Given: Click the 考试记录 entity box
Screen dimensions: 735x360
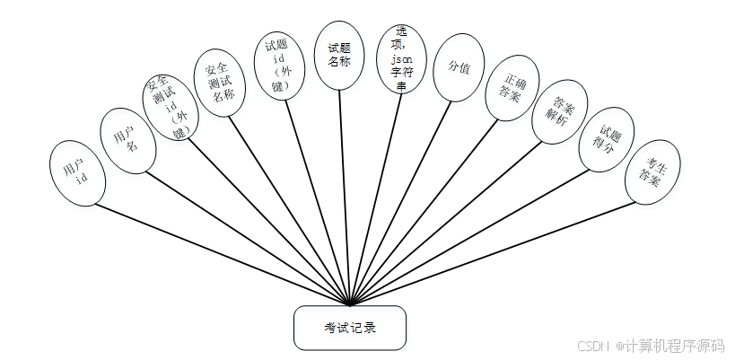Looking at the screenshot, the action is [x=350, y=328].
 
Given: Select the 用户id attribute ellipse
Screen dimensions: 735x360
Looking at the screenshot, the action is [x=79, y=173].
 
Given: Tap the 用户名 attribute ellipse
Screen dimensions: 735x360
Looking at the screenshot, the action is [x=125, y=137].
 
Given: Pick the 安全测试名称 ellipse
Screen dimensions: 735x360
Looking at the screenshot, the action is [x=220, y=83].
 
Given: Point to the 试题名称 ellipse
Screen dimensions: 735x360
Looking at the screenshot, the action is [x=338, y=55].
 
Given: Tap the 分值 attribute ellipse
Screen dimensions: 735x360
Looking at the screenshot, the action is [x=453, y=68].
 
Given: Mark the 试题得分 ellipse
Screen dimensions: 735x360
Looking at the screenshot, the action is [x=605, y=141].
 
